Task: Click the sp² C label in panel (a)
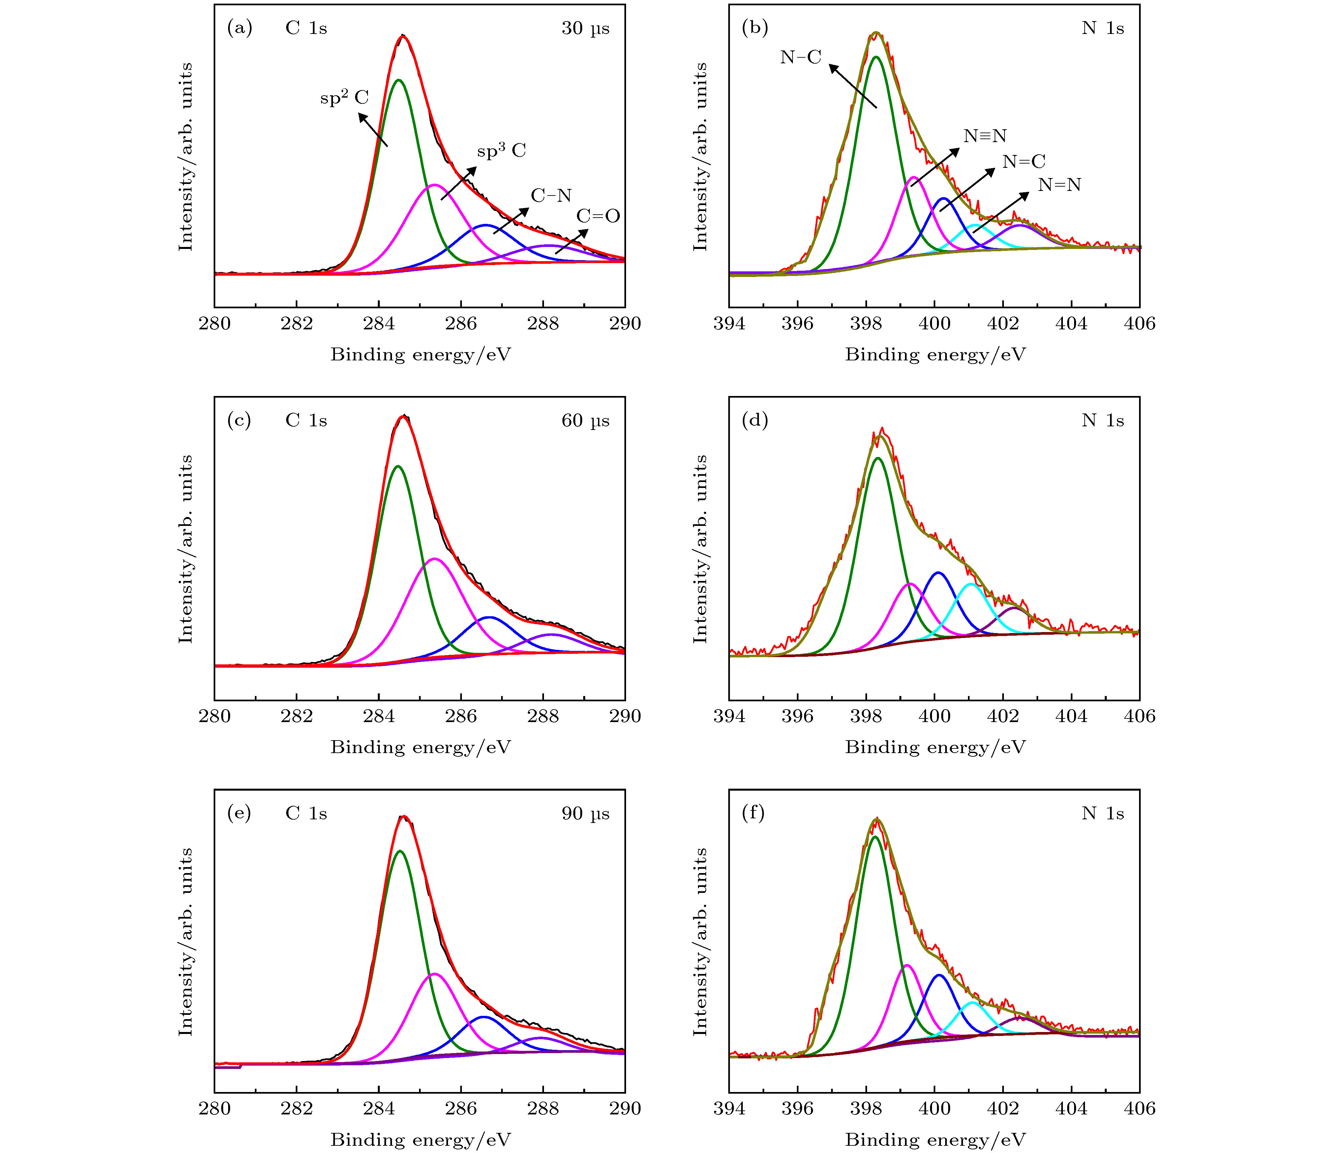tap(344, 98)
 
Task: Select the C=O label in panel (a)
tap(598, 216)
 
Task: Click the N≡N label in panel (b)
tap(984, 136)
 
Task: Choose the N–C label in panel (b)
tap(800, 57)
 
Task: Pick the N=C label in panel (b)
tap(1024, 162)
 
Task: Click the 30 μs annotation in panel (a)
tap(585, 28)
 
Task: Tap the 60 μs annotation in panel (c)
tap(585, 421)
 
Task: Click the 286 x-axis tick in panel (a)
tap(461, 324)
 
